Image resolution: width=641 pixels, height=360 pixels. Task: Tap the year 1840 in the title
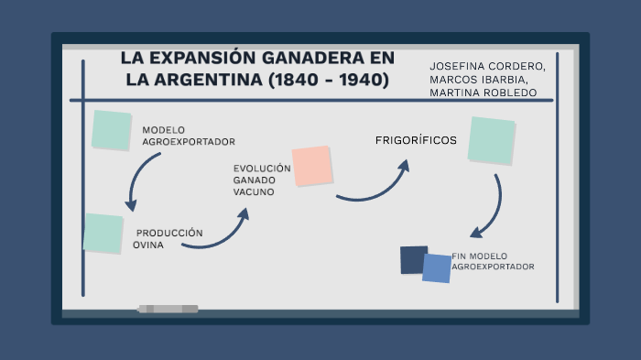click(296, 81)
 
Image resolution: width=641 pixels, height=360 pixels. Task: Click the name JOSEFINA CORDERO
click(487, 66)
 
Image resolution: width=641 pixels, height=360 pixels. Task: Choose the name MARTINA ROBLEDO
click(483, 93)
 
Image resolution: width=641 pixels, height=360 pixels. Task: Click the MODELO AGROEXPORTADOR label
click(188, 136)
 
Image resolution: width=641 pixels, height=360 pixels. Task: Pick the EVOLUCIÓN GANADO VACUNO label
click(261, 180)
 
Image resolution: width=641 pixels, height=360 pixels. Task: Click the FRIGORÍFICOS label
click(416, 140)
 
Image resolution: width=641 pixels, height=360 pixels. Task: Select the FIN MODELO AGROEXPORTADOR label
click(493, 261)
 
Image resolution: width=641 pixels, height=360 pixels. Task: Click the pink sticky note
click(311, 165)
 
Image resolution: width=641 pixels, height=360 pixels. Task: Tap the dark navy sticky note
click(414, 259)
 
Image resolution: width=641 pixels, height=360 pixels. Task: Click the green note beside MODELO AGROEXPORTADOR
click(112, 130)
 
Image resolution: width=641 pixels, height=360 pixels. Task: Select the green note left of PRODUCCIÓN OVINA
click(103, 234)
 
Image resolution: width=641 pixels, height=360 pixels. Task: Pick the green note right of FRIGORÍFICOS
click(491, 140)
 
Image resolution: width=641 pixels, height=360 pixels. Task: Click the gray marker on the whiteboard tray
click(168, 309)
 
